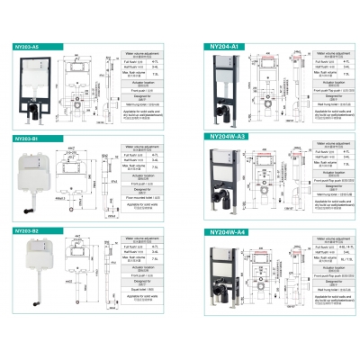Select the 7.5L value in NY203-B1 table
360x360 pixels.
154,169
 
